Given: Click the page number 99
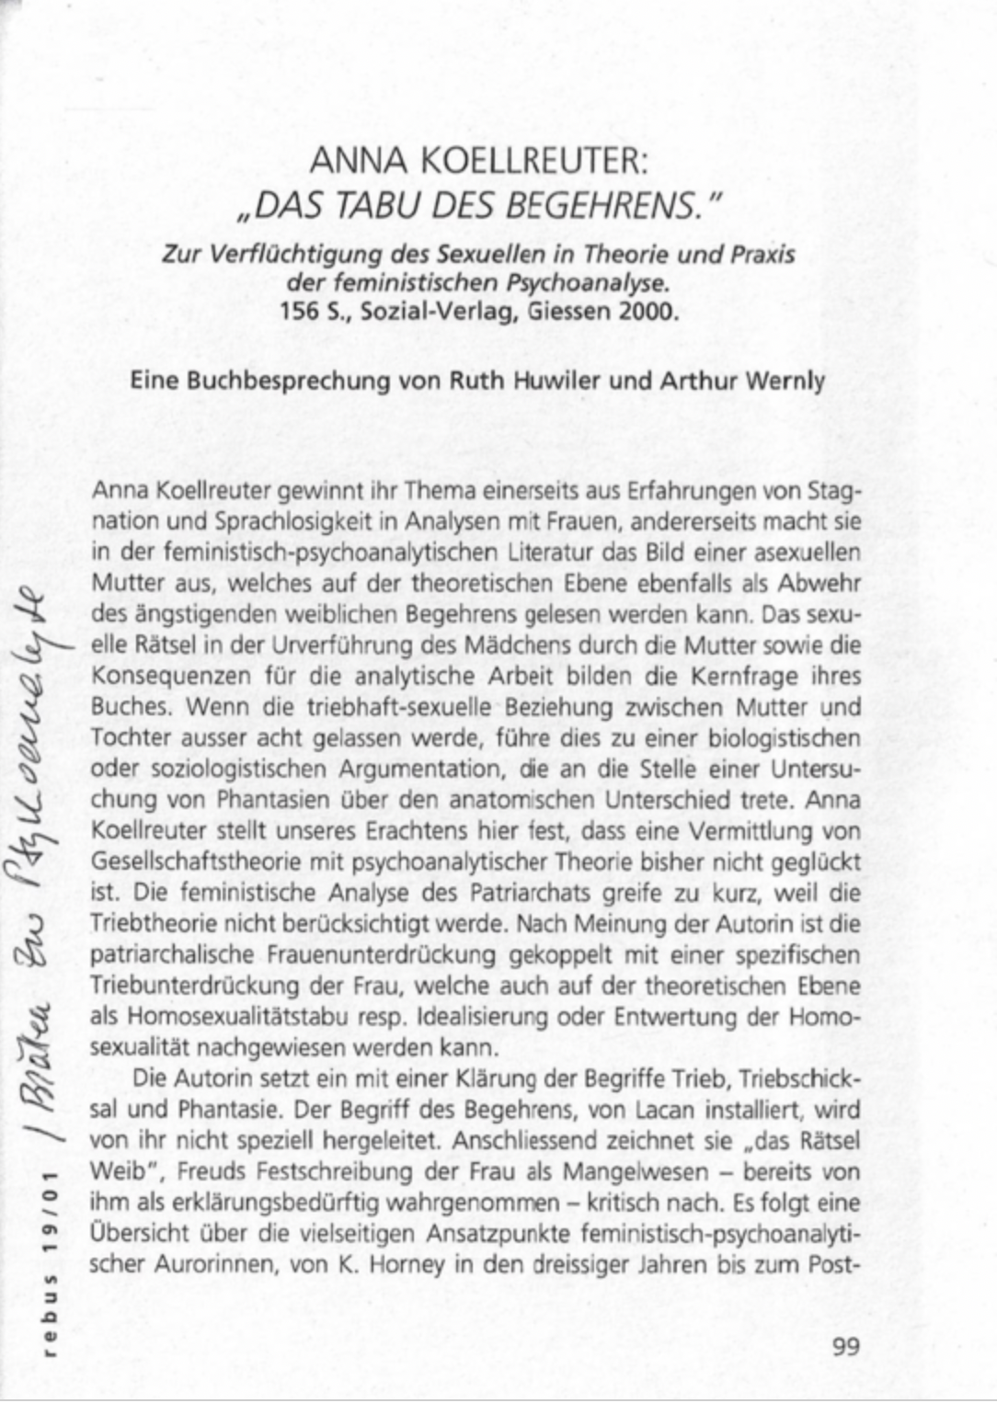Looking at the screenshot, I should (845, 1347).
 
